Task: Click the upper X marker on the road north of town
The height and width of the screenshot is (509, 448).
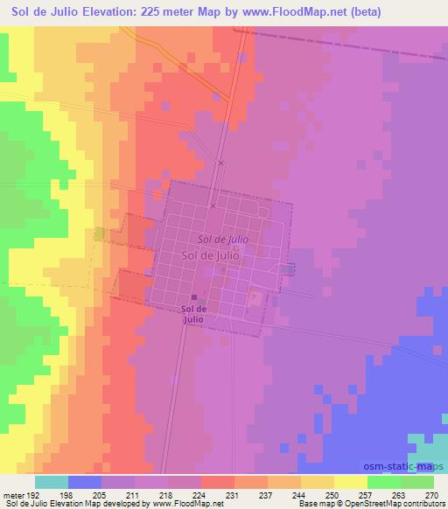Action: click(221, 163)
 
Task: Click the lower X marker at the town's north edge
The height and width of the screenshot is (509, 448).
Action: click(213, 206)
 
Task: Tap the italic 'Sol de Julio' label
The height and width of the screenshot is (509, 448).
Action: click(223, 238)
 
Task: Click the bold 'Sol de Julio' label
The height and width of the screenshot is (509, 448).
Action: click(193, 313)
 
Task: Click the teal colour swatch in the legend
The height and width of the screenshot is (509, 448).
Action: click(52, 482)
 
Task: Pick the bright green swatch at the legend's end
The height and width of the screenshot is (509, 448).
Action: click(416, 482)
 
